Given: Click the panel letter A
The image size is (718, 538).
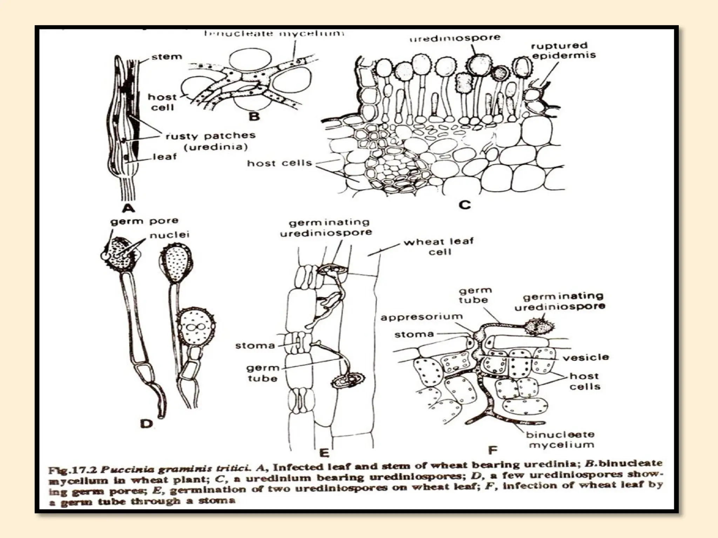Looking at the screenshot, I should (x=129, y=209).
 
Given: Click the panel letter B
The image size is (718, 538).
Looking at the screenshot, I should (x=254, y=116).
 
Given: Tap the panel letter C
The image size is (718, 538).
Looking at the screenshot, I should (x=465, y=204).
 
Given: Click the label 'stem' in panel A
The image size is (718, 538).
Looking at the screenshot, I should (x=167, y=57).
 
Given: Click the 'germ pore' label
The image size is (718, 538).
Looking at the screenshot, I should (x=144, y=221).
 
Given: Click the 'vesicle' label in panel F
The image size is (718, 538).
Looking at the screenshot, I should (x=586, y=358).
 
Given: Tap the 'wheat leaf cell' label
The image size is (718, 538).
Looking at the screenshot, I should (x=439, y=246).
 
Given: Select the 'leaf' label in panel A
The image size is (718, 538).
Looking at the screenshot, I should (x=165, y=157).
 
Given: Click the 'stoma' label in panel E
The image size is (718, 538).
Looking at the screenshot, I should (x=255, y=346).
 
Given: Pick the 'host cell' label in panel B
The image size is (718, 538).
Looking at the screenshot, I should (x=162, y=102).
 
